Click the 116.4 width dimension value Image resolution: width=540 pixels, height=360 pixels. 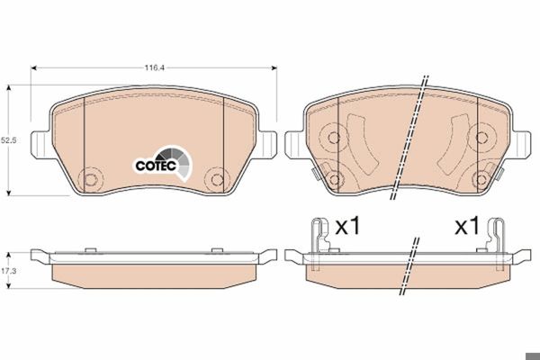click(x=154, y=67)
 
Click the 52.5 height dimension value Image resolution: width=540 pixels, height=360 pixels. click(x=9, y=140)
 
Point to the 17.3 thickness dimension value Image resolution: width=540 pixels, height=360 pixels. click(x=9, y=271)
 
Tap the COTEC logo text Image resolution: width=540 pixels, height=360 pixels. click(x=156, y=166)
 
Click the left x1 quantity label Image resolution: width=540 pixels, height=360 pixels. click(x=347, y=226)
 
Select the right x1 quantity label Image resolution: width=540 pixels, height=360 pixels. click(x=467, y=226)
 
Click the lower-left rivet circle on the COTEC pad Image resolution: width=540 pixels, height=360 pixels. click(x=91, y=179)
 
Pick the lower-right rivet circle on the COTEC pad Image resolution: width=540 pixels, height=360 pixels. click(x=217, y=179)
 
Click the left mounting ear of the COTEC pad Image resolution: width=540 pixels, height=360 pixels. click(x=41, y=145)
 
